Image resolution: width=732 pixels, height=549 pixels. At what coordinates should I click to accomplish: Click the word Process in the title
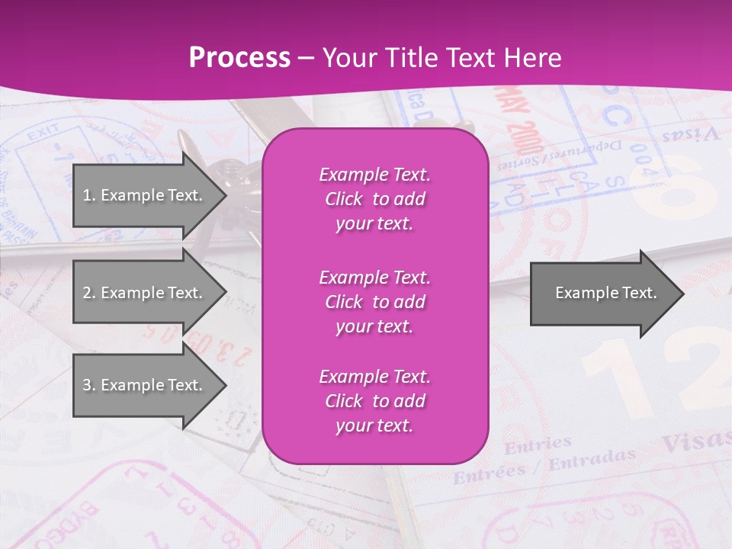tap(239, 57)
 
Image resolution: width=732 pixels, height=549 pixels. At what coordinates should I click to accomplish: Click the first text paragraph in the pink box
tap(374, 199)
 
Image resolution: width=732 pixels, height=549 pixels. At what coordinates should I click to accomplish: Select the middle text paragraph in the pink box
tap(374, 301)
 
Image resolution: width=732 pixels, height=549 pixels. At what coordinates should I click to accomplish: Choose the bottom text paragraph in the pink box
tap(374, 401)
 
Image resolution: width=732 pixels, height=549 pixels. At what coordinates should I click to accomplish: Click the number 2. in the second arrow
tap(88, 293)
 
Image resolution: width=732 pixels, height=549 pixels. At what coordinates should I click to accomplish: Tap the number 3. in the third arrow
tap(88, 385)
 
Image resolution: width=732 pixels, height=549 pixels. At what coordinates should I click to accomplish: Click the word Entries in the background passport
tap(538, 445)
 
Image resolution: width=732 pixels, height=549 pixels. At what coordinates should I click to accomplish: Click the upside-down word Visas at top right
tap(690, 135)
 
